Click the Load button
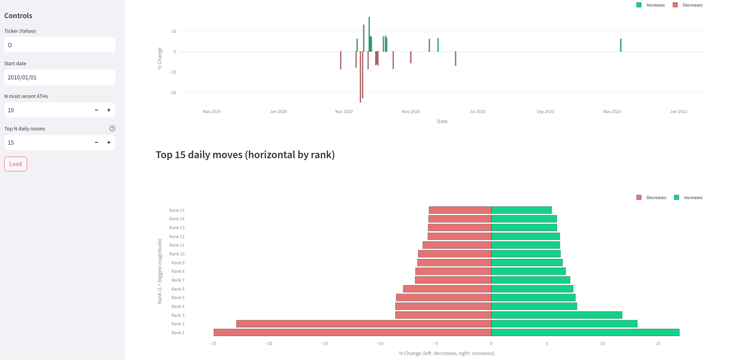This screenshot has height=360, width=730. tap(15, 164)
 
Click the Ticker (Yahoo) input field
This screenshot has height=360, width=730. tap(59, 45)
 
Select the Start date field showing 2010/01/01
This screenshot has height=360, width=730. tap(59, 78)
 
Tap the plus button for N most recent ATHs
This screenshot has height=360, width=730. tap(109, 110)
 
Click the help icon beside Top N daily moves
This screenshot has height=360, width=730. tap(112, 128)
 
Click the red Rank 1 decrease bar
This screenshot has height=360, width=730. tap(352, 333)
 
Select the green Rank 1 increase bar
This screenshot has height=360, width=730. tap(585, 333)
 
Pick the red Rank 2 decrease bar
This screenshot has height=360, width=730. tap(363, 324)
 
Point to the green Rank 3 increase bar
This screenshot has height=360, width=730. tap(556, 315)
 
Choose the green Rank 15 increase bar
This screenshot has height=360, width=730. tap(521, 210)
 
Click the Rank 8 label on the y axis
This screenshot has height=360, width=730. tap(178, 272)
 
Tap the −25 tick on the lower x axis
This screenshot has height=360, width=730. tap(213, 343)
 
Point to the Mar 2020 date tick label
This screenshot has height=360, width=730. tap(344, 112)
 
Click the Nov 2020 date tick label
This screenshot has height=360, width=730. tap(612, 112)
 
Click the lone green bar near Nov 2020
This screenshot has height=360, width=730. tap(621, 45)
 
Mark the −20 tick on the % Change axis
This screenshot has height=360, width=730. tap(173, 93)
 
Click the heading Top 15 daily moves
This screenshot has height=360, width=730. tap(245, 155)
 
